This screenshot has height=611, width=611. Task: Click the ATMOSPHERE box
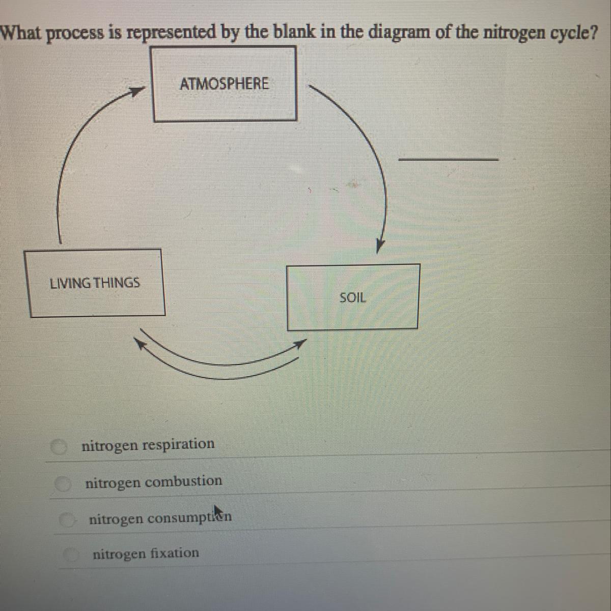(225, 84)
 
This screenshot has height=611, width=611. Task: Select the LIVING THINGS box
(96, 283)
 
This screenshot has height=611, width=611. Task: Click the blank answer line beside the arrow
(448, 159)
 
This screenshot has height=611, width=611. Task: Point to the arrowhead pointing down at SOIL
(380, 245)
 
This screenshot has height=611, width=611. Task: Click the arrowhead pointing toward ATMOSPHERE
(135, 91)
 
